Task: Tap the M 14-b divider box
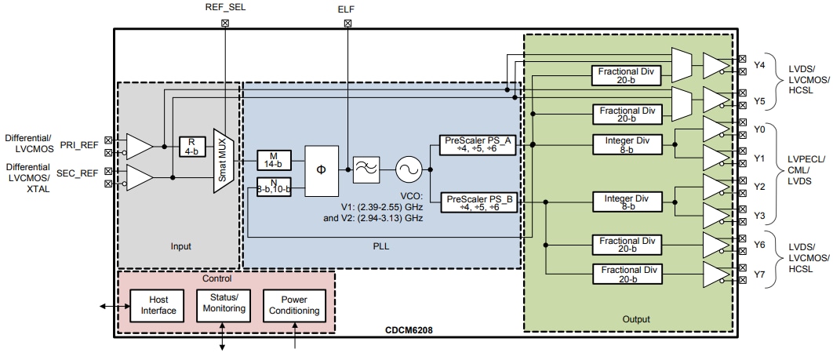pyautogui.click(x=274, y=160)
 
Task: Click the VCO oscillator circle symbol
pyautogui.click(x=408, y=169)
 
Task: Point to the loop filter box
pyautogui.click(x=365, y=169)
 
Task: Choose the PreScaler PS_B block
pyautogui.click(x=480, y=203)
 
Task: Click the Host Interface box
pyautogui.click(x=154, y=305)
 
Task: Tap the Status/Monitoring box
pyautogui.click(x=223, y=304)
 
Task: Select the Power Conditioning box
pyautogui.click(x=294, y=304)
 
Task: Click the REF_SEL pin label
pyautogui.click(x=226, y=7)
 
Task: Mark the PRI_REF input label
pyautogui.click(x=81, y=145)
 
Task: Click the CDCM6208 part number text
pyautogui.click(x=410, y=330)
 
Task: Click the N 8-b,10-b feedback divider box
pyautogui.click(x=274, y=187)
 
